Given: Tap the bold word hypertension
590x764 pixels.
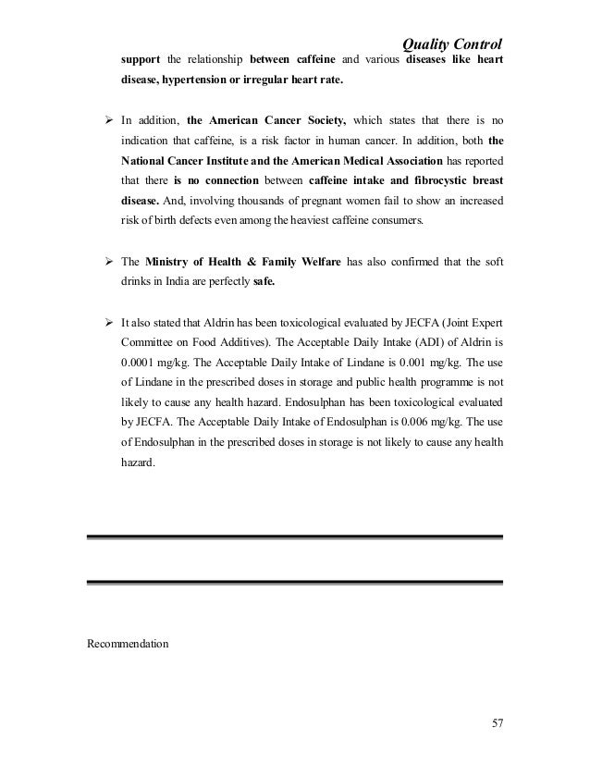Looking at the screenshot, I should click(198, 80).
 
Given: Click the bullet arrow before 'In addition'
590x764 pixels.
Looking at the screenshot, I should click(107, 120).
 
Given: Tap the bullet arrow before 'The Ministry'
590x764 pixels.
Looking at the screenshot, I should click(107, 262).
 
